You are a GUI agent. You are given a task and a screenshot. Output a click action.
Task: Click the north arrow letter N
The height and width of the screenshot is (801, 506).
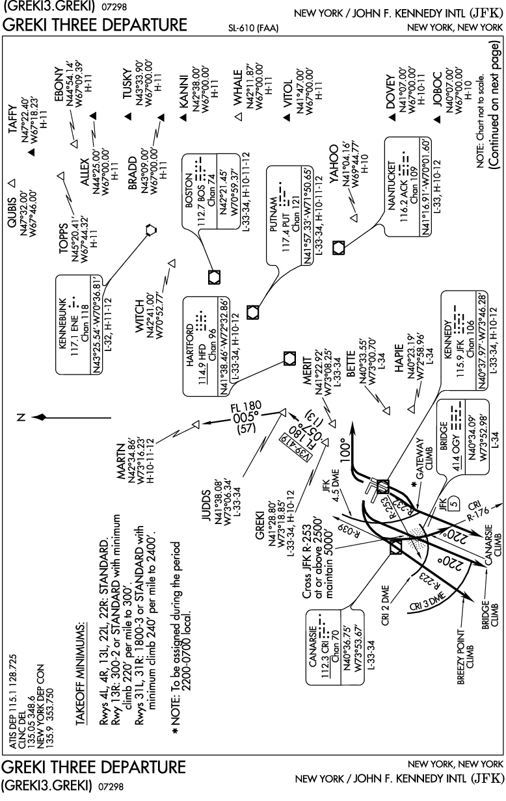pos(22,417)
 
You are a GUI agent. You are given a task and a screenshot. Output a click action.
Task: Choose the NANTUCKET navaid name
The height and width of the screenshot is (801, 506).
pos(392,185)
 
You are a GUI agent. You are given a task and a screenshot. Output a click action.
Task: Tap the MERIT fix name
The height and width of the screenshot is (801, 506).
pos(308,371)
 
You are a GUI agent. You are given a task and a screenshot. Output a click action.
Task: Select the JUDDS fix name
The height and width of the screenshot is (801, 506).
pos(206,505)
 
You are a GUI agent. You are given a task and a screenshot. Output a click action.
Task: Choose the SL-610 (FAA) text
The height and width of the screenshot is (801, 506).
pos(253,28)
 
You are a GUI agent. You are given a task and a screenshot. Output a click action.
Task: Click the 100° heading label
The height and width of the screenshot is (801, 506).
pos(345,450)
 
